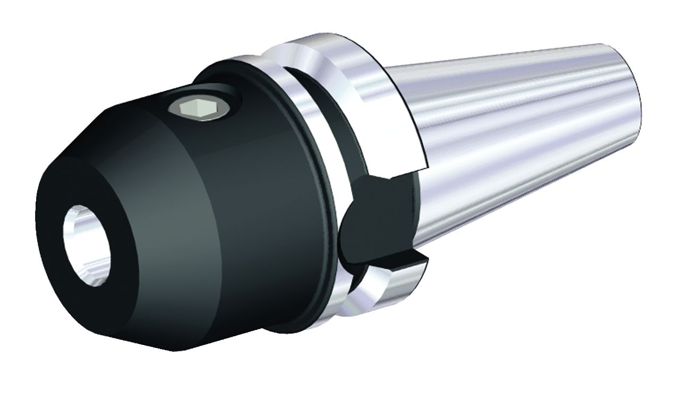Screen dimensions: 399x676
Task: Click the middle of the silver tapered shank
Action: (520, 133)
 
